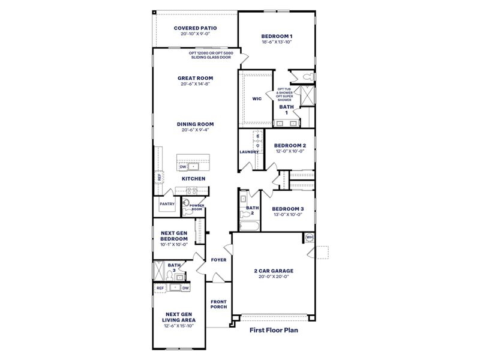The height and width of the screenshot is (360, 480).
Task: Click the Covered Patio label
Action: tap(195, 28)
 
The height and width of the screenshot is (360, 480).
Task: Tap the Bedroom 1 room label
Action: tap(277, 36)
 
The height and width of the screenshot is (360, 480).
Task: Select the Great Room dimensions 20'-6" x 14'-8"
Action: tap(195, 84)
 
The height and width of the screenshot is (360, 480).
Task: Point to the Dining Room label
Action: tap(195, 124)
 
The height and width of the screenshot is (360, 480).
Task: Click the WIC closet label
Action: tap(257, 99)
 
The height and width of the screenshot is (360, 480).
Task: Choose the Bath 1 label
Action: tap(286, 109)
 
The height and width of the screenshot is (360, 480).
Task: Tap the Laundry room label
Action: tap(249, 152)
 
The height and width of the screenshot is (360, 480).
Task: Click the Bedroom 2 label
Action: tap(290, 146)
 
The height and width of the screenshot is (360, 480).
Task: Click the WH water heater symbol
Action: tap(310, 237)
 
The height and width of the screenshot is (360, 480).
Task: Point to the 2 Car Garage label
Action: tap(272, 270)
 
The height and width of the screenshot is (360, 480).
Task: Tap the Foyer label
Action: tap(218, 260)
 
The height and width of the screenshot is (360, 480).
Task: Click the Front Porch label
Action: tap(218, 304)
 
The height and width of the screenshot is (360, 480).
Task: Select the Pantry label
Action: tap(166, 204)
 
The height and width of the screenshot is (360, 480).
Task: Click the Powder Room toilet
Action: tap(186, 204)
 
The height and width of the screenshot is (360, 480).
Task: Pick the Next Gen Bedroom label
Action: tap(174, 235)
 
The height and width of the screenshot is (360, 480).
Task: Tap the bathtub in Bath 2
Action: tap(248, 226)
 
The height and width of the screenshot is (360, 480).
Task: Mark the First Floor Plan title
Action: tap(274, 329)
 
